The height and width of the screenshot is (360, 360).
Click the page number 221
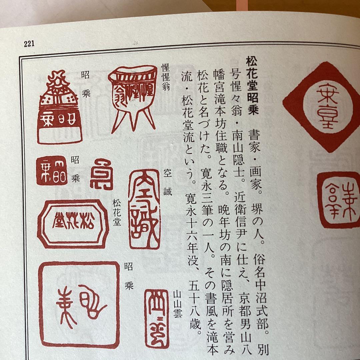tap(29, 44)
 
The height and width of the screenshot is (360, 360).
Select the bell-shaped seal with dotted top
tap(60, 109)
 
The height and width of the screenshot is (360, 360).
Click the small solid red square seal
tap(51, 170)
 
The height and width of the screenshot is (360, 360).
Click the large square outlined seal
tap(79, 304)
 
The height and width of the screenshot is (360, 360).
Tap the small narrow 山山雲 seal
tap(157, 318)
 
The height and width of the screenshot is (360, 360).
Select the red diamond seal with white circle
tap(322, 107)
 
